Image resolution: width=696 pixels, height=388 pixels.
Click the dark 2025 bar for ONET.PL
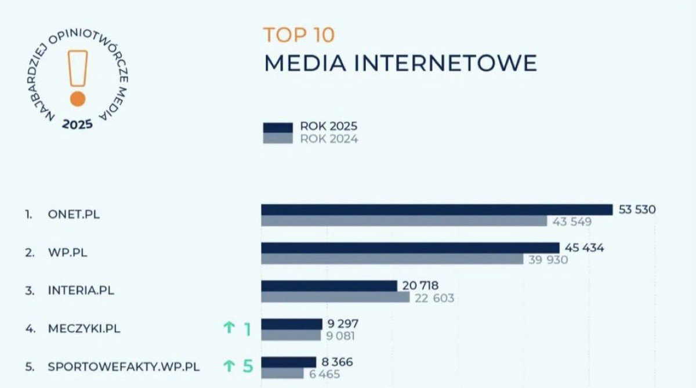[437, 209]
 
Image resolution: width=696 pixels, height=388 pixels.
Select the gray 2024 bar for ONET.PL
[404, 221]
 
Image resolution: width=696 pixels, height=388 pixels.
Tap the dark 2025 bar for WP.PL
[410, 248]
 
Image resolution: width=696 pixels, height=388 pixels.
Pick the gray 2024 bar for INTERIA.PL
[335, 298]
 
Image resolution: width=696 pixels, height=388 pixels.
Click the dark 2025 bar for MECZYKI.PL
[291, 324]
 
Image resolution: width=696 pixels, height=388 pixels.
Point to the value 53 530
[637, 209]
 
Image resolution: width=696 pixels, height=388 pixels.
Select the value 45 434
[585, 248]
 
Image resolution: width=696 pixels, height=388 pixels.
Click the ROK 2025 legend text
[329, 126]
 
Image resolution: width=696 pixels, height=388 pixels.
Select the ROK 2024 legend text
[329, 139]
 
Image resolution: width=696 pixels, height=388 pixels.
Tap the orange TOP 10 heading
[299, 35]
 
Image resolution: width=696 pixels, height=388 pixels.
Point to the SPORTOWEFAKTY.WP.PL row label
[124, 367]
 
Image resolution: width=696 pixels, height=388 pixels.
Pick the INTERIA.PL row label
[81, 290]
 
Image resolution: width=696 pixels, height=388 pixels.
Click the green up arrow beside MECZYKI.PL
[229, 328]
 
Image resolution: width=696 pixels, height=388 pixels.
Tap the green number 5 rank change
[248, 367]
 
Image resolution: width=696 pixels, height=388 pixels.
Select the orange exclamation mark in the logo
[77, 78]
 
